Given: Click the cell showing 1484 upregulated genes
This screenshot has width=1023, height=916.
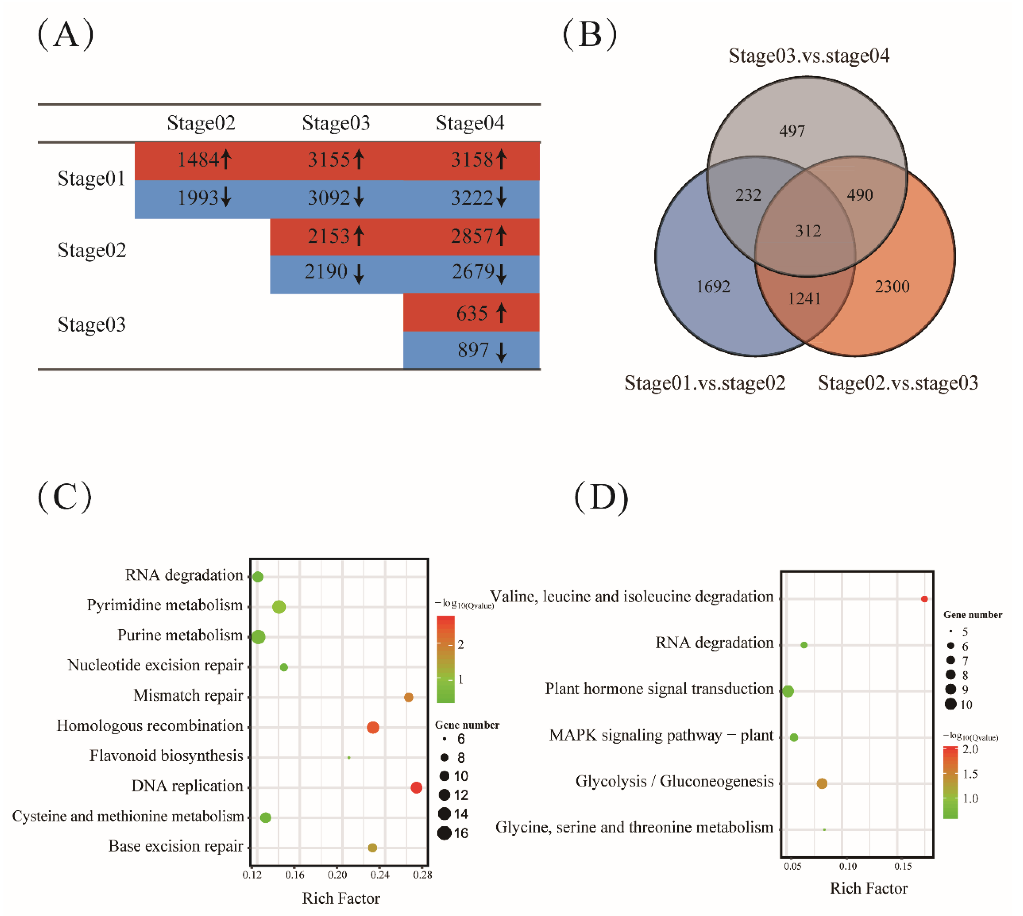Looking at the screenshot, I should [x=203, y=161].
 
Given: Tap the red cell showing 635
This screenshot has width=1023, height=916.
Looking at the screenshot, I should [x=471, y=313].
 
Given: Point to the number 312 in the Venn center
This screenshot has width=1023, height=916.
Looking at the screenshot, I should [x=808, y=231].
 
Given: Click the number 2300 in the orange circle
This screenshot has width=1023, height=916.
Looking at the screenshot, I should [x=892, y=287].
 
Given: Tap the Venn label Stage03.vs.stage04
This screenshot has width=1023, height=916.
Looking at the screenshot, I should [x=808, y=56].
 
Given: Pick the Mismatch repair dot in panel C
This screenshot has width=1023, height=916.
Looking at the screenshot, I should [x=409, y=697].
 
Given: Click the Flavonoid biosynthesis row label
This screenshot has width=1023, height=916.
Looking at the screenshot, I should [x=166, y=756].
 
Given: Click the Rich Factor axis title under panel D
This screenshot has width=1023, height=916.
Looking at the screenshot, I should [x=868, y=888].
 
